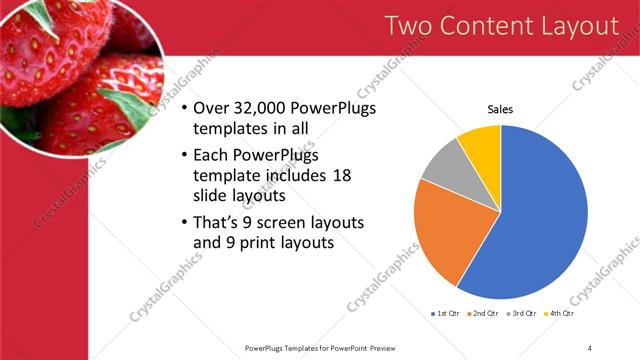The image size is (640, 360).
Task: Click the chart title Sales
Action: pos(500,109)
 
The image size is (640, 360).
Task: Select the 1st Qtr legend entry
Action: pos(446,314)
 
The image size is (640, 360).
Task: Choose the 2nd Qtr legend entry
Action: pos(484,314)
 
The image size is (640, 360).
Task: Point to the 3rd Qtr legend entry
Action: pos(522,314)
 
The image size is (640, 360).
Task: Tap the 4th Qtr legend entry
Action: pos(559,314)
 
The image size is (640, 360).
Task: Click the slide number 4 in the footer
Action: pos(589,347)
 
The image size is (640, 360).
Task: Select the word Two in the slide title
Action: pos(410,26)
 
